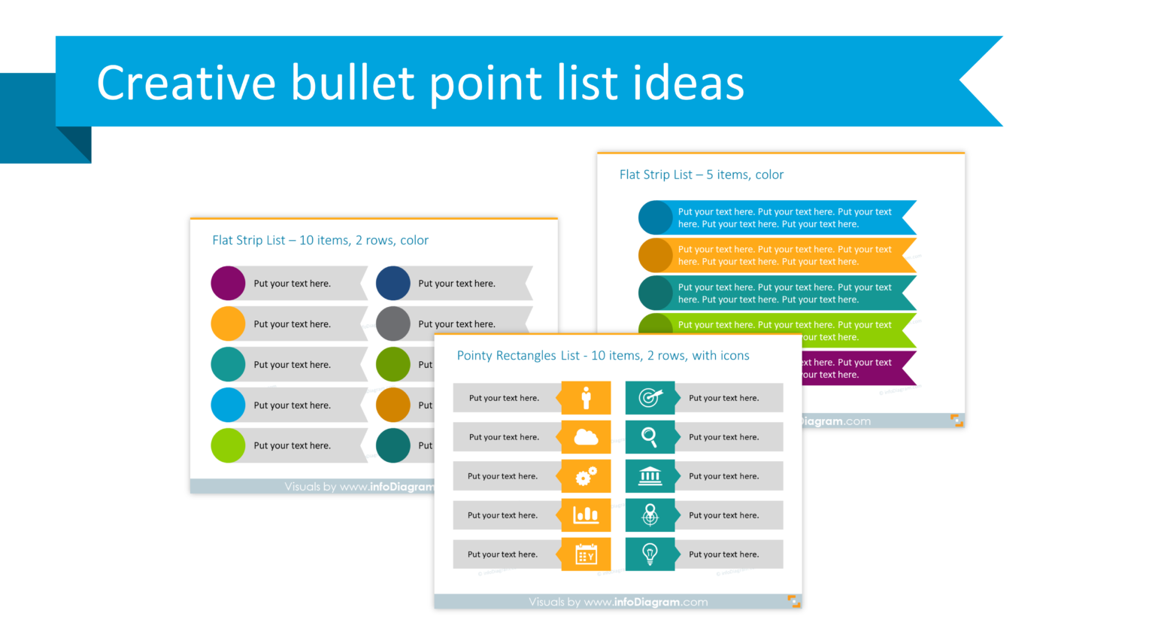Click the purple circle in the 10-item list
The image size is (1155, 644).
point(228,284)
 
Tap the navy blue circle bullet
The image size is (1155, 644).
point(393,284)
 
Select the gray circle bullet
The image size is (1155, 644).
point(393,324)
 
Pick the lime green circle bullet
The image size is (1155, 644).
point(228,445)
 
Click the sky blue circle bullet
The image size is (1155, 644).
point(228,405)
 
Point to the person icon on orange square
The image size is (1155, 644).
point(586,398)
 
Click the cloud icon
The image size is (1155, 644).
point(586,437)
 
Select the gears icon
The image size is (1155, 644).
point(586,476)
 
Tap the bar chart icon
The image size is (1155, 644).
point(586,515)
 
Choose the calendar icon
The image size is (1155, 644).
point(586,554)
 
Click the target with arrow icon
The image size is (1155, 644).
point(650,398)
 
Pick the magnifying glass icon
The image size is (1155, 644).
point(650,437)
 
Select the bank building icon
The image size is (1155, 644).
point(650,476)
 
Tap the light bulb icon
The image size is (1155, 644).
point(650,554)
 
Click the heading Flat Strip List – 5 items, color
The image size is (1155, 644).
point(701,175)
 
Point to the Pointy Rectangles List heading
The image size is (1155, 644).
point(602,356)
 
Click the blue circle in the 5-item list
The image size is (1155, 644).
point(656,217)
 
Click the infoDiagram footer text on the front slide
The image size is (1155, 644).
point(618,602)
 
